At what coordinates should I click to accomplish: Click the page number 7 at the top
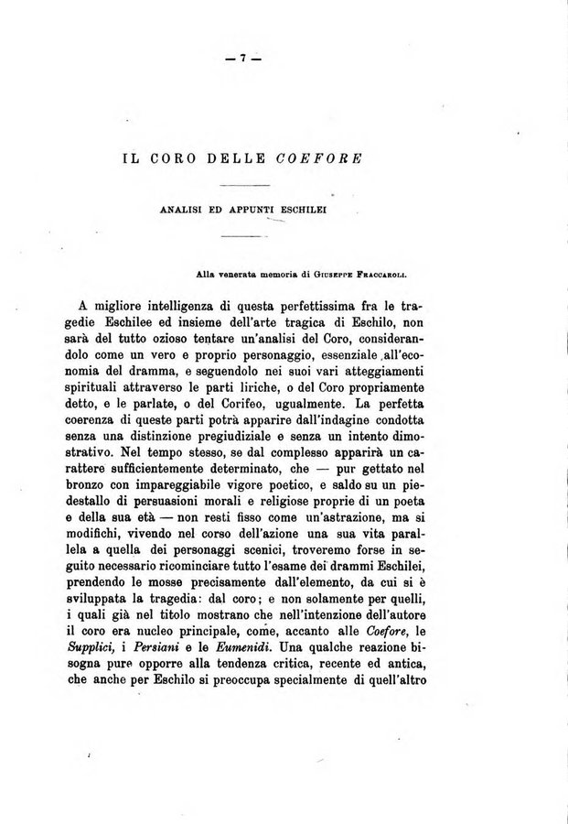(245, 59)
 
